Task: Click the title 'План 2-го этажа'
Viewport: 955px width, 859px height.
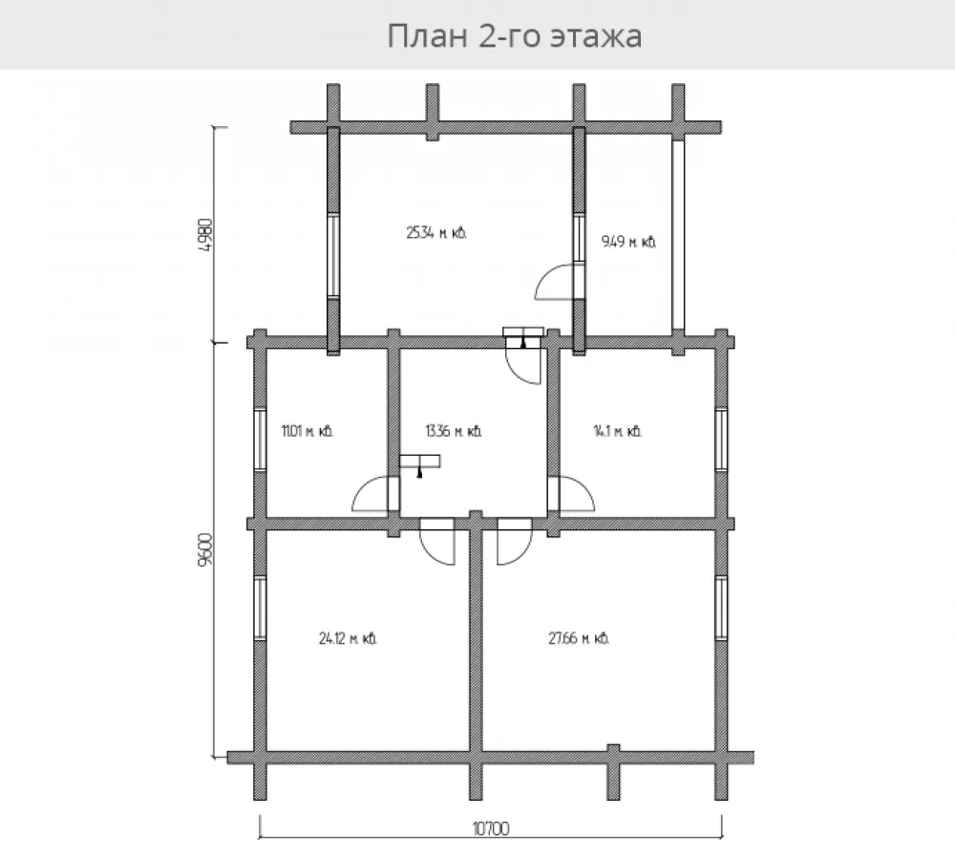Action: (515, 35)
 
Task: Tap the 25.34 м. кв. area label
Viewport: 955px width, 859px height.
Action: (436, 233)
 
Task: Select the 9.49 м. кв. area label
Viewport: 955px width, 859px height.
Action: (628, 242)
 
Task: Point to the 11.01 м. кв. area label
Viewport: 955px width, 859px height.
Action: (307, 431)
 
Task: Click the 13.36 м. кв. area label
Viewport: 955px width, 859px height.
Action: (453, 431)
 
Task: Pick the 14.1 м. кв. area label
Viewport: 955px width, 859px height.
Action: (617, 431)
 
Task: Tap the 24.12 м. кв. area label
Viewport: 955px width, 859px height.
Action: (348, 638)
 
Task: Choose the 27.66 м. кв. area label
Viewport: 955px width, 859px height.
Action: (579, 638)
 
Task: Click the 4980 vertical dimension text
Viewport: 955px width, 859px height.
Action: (206, 236)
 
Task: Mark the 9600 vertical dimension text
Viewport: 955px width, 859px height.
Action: (206, 550)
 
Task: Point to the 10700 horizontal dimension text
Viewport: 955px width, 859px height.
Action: (491, 828)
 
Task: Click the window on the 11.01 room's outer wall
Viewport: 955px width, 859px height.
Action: (260, 440)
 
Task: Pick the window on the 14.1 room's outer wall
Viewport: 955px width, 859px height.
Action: (721, 440)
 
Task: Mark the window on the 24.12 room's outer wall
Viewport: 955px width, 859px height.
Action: (260, 608)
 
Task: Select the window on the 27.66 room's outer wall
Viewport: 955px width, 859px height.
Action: (721, 608)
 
